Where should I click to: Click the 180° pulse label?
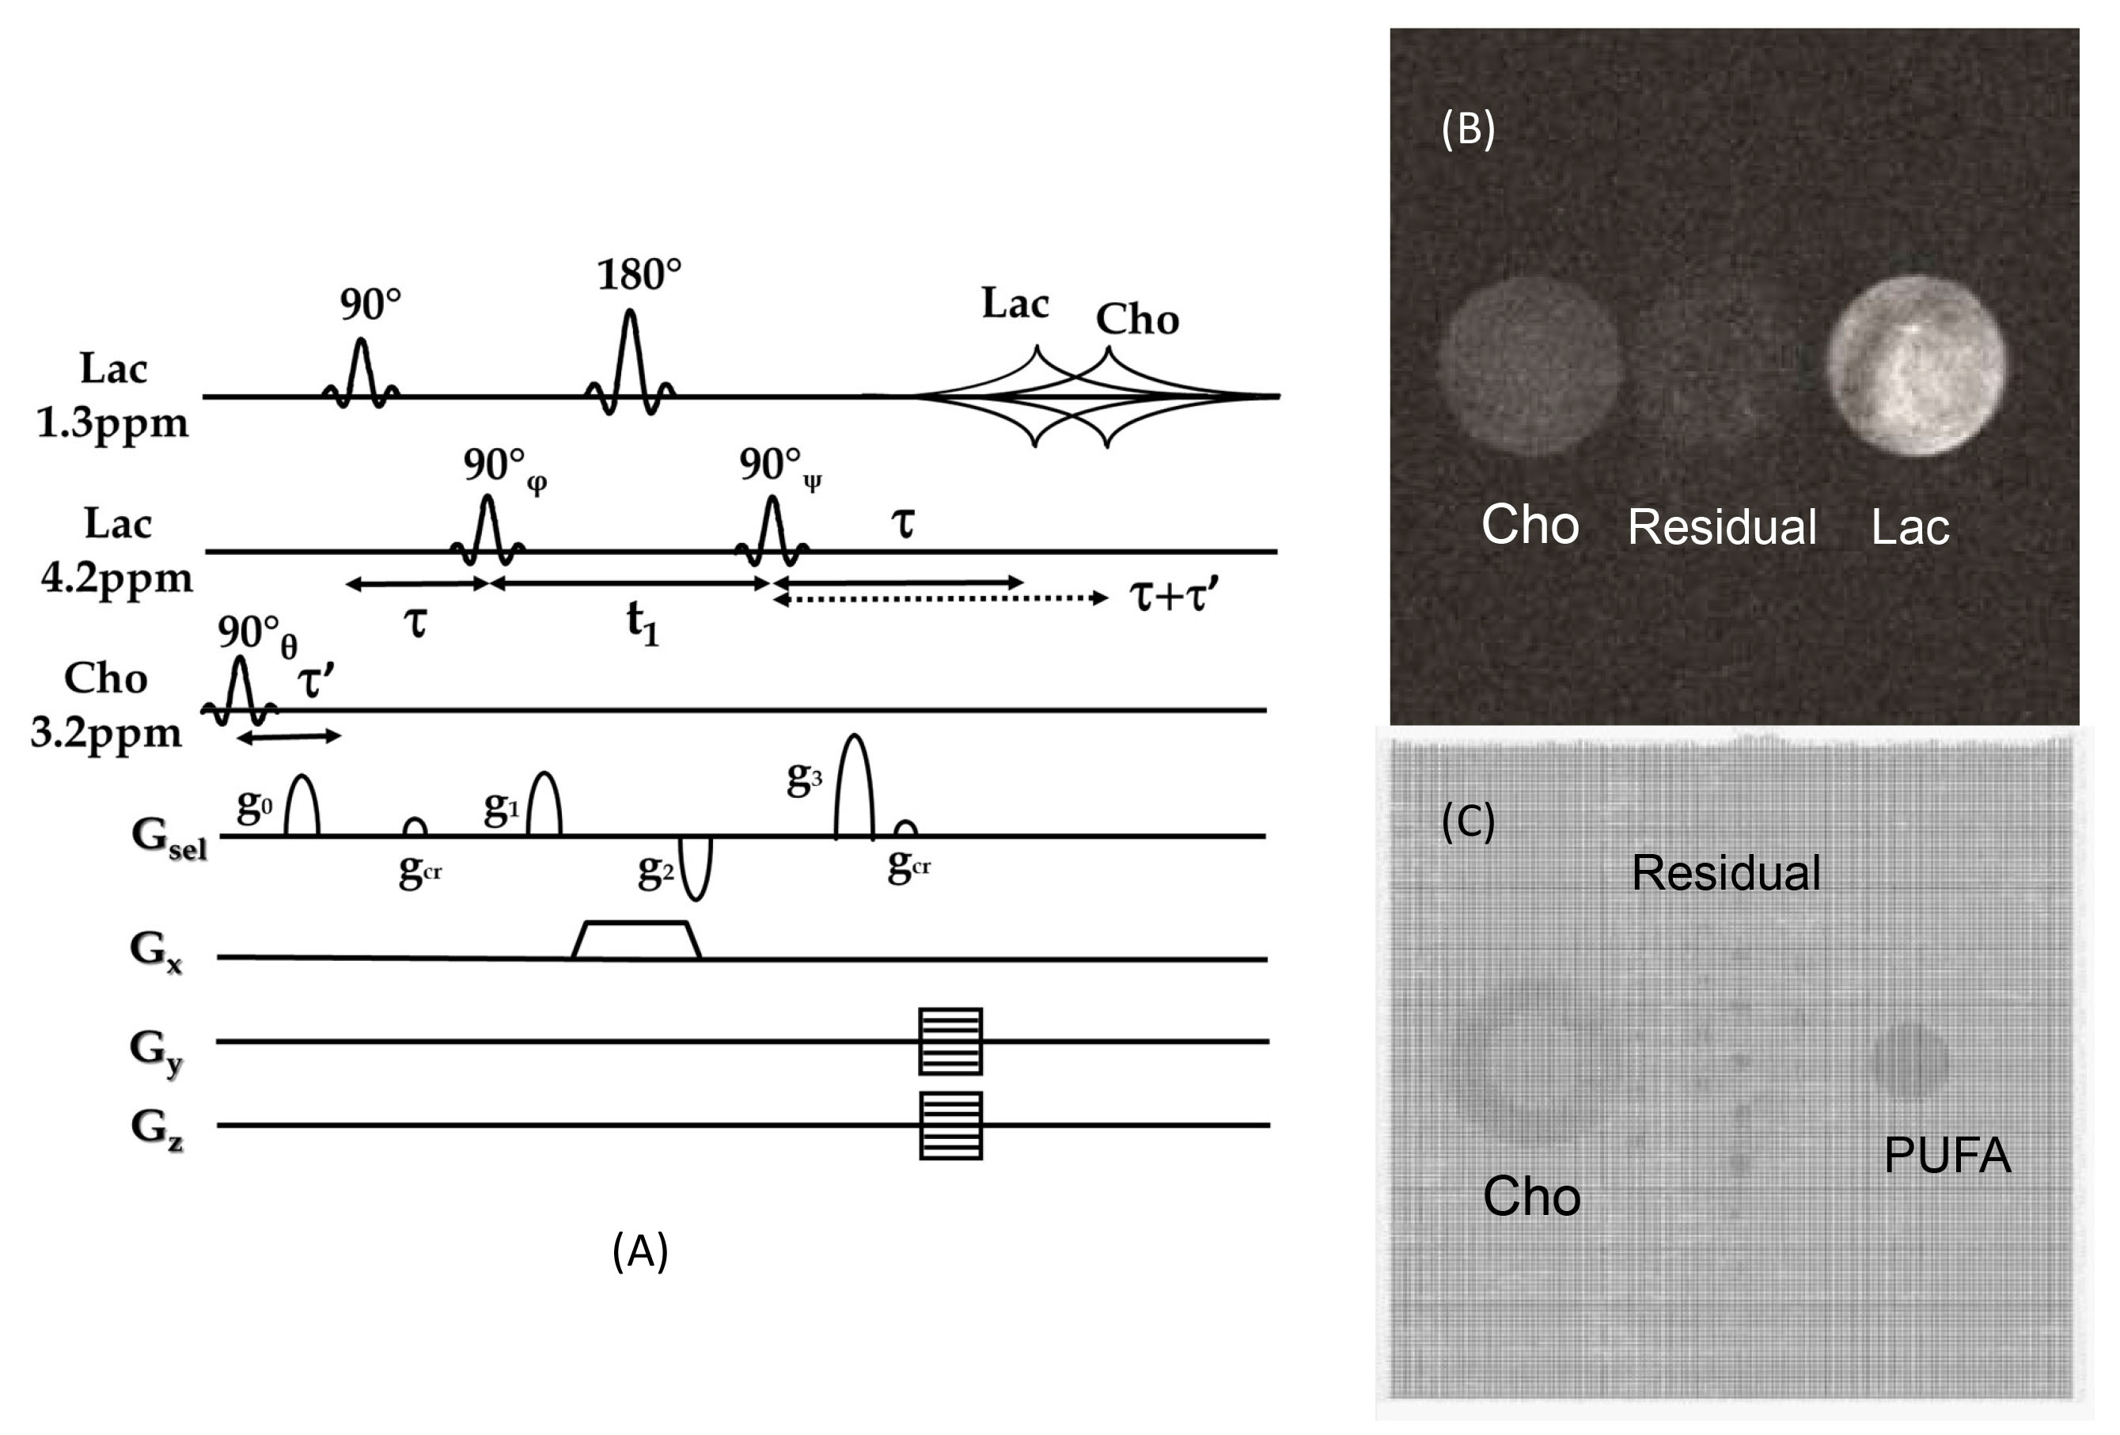tap(639, 275)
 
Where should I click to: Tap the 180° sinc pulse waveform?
tap(629, 360)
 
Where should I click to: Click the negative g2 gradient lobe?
tap(696, 868)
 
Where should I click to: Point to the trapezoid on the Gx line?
tap(635, 940)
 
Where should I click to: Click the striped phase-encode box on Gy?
tap(950, 1041)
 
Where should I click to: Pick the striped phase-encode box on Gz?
tap(950, 1125)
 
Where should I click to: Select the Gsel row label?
tap(169, 837)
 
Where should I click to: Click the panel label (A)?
tap(639, 1251)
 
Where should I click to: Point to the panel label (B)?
tap(1467, 129)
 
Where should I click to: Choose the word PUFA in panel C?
tap(1947, 1156)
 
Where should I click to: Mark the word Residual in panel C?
tap(1725, 873)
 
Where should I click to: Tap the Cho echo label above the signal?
tap(1136, 319)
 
